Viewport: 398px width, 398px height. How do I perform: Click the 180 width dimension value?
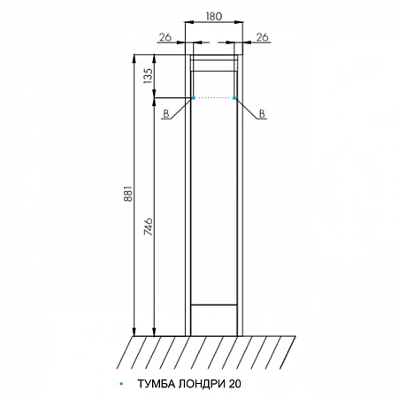click(x=214, y=16)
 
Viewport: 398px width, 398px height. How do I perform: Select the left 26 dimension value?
click(x=165, y=37)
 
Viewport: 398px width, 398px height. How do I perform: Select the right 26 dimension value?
click(x=262, y=37)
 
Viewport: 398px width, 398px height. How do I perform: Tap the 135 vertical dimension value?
click(x=149, y=76)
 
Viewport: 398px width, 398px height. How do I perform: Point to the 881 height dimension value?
click(x=128, y=194)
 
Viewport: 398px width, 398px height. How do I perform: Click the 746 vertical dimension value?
click(x=149, y=226)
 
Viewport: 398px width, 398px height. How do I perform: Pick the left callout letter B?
click(x=166, y=114)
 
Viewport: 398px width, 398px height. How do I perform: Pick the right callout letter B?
click(x=262, y=114)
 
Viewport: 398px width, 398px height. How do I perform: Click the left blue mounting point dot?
click(x=193, y=98)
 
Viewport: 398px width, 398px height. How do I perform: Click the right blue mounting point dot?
click(x=234, y=98)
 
